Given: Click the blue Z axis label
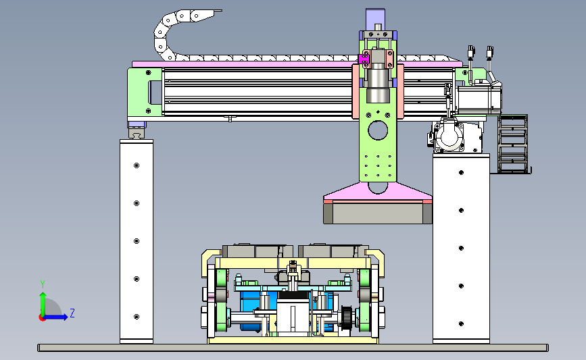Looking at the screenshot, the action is click(x=72, y=313).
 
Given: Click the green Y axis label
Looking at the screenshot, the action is click(x=43, y=284).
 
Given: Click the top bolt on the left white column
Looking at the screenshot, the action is click(x=137, y=165).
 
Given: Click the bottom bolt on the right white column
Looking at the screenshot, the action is click(x=461, y=324).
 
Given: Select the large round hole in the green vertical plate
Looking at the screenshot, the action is click(x=378, y=130).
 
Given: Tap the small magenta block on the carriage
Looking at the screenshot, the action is click(x=363, y=59).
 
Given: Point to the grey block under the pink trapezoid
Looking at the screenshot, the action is click(x=378, y=213).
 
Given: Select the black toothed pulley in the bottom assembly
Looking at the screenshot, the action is click(x=347, y=316).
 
